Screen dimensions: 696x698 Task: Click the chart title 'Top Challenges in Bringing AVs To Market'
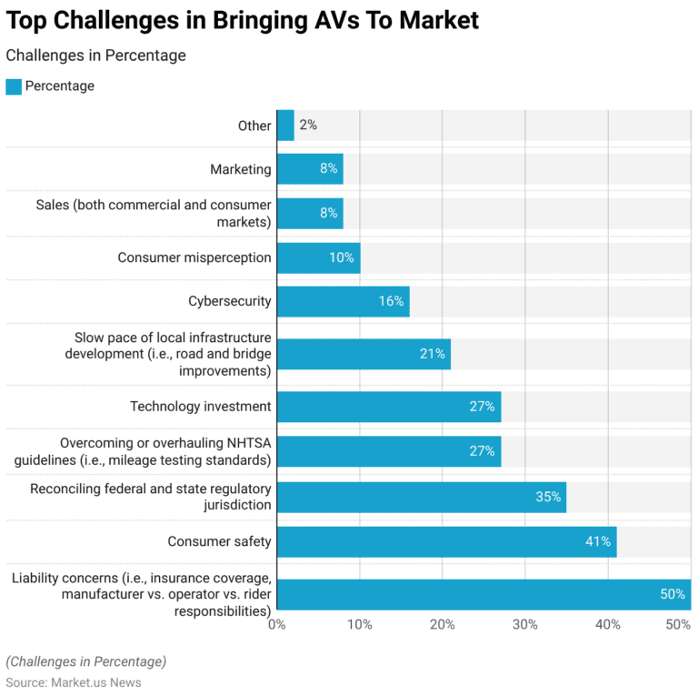pos(242,21)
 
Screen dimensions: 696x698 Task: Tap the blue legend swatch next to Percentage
pos(14,86)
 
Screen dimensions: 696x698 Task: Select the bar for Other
pos(285,126)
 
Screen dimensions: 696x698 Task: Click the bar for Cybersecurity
pos(343,301)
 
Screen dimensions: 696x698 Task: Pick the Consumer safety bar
pos(446,541)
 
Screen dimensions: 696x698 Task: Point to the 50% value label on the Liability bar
pos(672,595)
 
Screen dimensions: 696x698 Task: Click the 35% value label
pos(548,498)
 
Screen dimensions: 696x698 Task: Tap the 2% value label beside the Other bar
pos(308,126)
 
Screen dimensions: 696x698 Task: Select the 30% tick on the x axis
pos(525,625)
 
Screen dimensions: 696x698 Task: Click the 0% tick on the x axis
pos(277,625)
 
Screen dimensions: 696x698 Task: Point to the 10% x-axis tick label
pos(360,625)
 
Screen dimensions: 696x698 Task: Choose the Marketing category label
pos(240,169)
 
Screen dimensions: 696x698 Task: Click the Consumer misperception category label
pos(194,257)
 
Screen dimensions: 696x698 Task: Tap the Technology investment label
pos(200,407)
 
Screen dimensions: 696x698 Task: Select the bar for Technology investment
pos(389,407)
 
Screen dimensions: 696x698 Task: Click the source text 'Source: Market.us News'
pos(74,682)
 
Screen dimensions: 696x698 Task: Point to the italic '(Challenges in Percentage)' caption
pos(86,661)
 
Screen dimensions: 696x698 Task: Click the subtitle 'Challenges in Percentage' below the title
pos(95,55)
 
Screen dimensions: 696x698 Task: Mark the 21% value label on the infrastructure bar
pos(432,354)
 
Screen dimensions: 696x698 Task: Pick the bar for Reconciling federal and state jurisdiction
pos(422,498)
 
